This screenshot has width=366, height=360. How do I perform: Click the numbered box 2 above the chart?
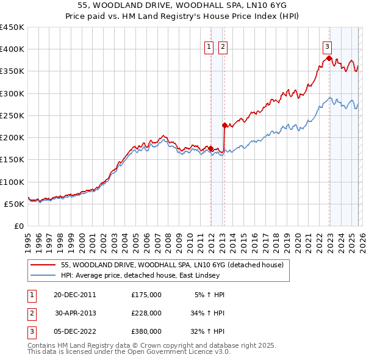point(223,46)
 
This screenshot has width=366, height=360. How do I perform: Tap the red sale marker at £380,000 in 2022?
point(329,58)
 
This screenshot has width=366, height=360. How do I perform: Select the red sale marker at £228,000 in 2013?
point(224,125)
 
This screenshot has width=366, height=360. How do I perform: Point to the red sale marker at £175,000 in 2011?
point(210,148)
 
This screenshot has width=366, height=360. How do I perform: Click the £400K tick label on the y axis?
point(12,49)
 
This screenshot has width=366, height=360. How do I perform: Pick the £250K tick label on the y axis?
point(12,115)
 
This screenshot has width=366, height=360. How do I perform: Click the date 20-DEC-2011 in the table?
point(74,295)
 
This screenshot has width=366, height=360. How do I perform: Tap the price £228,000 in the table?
point(146,313)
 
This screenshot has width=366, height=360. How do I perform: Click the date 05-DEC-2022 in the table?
point(74,331)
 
